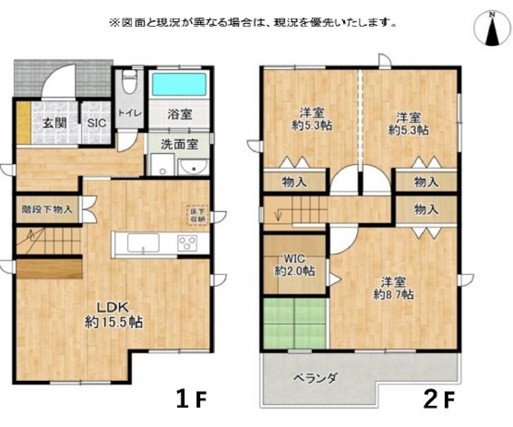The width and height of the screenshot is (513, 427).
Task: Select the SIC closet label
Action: point(95,123)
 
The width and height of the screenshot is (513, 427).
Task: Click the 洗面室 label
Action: point(179,144)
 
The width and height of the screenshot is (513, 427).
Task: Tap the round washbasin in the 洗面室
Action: point(193,166)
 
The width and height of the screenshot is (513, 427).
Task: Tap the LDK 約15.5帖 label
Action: point(114,315)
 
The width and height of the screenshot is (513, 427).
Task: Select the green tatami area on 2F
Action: point(295,324)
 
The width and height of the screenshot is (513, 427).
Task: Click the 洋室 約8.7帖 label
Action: point(394,288)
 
